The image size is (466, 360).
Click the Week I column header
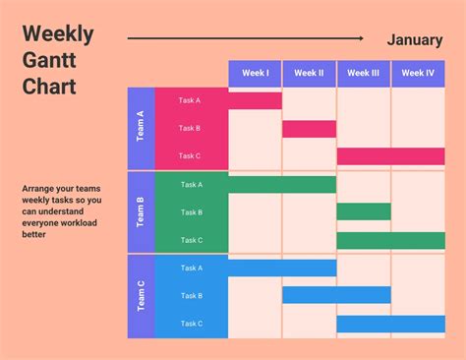(x=255, y=73)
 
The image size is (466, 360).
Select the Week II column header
(x=309, y=73)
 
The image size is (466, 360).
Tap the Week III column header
(x=363, y=73)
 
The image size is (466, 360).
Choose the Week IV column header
(x=418, y=73)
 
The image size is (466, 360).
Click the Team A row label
(x=141, y=128)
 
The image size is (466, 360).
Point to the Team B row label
(x=141, y=211)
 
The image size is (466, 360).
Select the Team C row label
(x=141, y=295)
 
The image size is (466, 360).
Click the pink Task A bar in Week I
(x=255, y=100)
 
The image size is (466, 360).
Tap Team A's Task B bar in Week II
(x=309, y=128)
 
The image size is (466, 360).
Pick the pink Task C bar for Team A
(x=390, y=155)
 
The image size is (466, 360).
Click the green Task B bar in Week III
(x=363, y=211)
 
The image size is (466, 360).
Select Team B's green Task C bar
(x=390, y=240)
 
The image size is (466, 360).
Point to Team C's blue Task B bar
(x=336, y=295)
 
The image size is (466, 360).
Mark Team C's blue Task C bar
(x=390, y=324)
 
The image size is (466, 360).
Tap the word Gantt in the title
(x=49, y=61)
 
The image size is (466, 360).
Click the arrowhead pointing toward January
(x=363, y=39)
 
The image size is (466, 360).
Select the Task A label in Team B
(x=191, y=184)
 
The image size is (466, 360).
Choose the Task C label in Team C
(x=191, y=324)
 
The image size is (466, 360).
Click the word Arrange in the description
(x=39, y=188)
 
